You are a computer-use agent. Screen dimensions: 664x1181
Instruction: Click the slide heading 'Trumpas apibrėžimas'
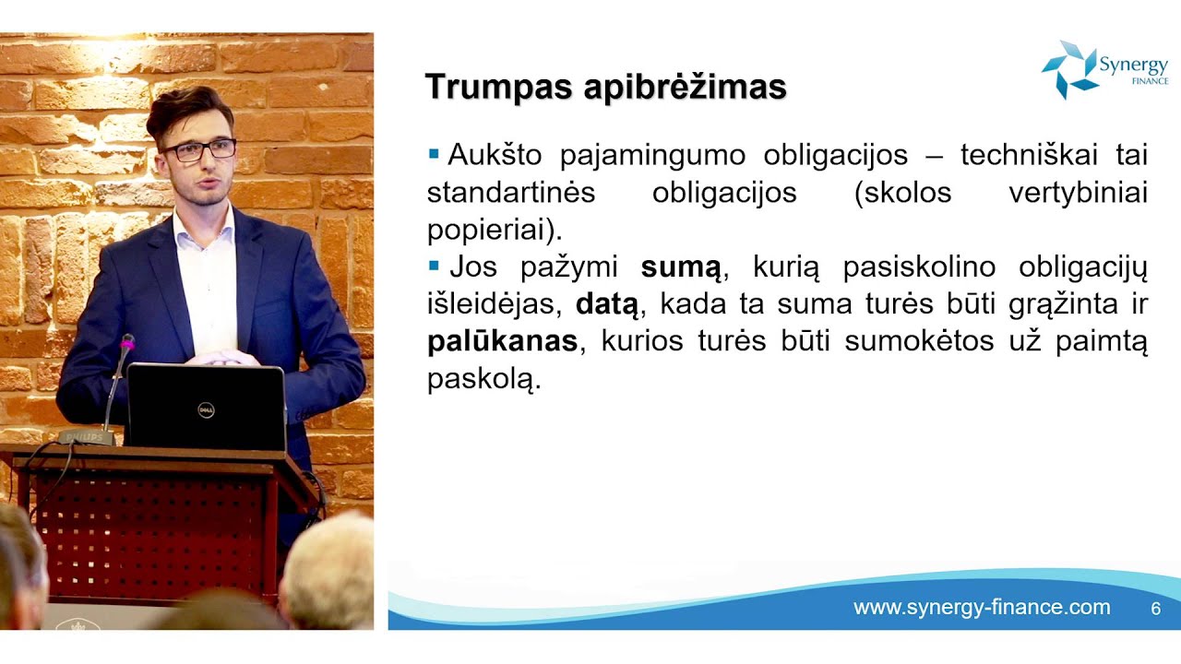point(605,87)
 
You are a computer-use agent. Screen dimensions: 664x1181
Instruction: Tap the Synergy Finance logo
point(1104,69)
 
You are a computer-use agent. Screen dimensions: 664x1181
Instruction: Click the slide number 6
point(1155,609)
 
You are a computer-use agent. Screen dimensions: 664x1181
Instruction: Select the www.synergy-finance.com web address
point(982,608)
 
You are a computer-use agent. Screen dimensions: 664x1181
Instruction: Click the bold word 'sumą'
point(681,268)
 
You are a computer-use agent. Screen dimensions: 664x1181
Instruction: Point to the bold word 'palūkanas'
point(502,341)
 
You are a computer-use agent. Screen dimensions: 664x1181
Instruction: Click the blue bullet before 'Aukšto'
point(434,154)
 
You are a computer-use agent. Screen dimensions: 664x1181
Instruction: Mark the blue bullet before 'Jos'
point(434,267)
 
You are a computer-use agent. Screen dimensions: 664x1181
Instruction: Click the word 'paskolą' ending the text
point(482,380)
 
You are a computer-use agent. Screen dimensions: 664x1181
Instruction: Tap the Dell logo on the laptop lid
point(206,409)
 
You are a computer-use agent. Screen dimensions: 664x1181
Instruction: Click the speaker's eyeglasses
point(197,150)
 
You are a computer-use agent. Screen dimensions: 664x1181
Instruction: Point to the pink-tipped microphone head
point(127,342)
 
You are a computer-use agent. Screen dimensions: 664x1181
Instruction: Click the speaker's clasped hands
point(221,357)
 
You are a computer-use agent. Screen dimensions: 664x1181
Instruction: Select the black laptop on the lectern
point(206,406)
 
